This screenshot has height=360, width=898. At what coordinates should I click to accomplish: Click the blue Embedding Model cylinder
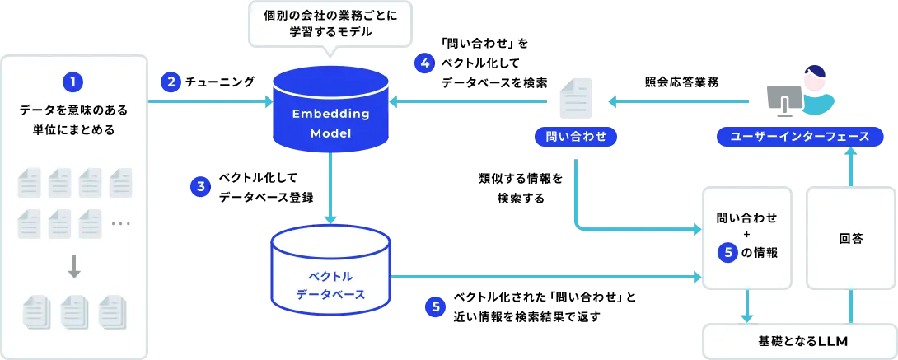coord(330,110)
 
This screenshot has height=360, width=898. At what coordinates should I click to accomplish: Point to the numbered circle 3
coord(200,187)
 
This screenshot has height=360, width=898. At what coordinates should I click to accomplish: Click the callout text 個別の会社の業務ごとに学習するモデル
coord(330,24)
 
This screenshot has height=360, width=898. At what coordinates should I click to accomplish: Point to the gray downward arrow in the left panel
coord(74,267)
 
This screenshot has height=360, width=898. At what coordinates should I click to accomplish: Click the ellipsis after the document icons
coord(120,224)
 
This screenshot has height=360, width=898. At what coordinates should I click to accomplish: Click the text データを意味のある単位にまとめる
coord(74,119)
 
